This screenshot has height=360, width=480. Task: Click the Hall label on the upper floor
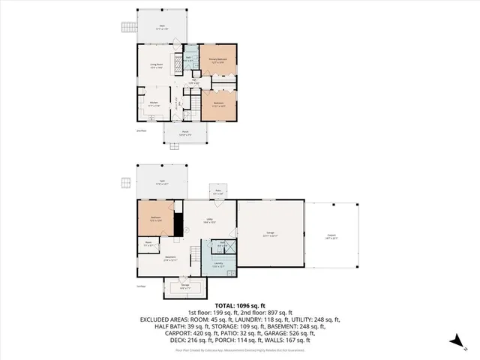point(193,82)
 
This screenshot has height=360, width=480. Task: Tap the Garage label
point(270,235)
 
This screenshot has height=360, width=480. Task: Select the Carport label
point(331,236)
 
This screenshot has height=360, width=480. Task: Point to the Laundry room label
point(218,264)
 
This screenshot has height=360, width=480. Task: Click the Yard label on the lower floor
point(161,181)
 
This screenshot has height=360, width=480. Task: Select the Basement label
point(170,259)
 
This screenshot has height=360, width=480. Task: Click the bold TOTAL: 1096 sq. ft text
point(239,305)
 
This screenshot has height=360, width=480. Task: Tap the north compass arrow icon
point(454,343)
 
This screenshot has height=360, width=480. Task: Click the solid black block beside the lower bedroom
point(178,223)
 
